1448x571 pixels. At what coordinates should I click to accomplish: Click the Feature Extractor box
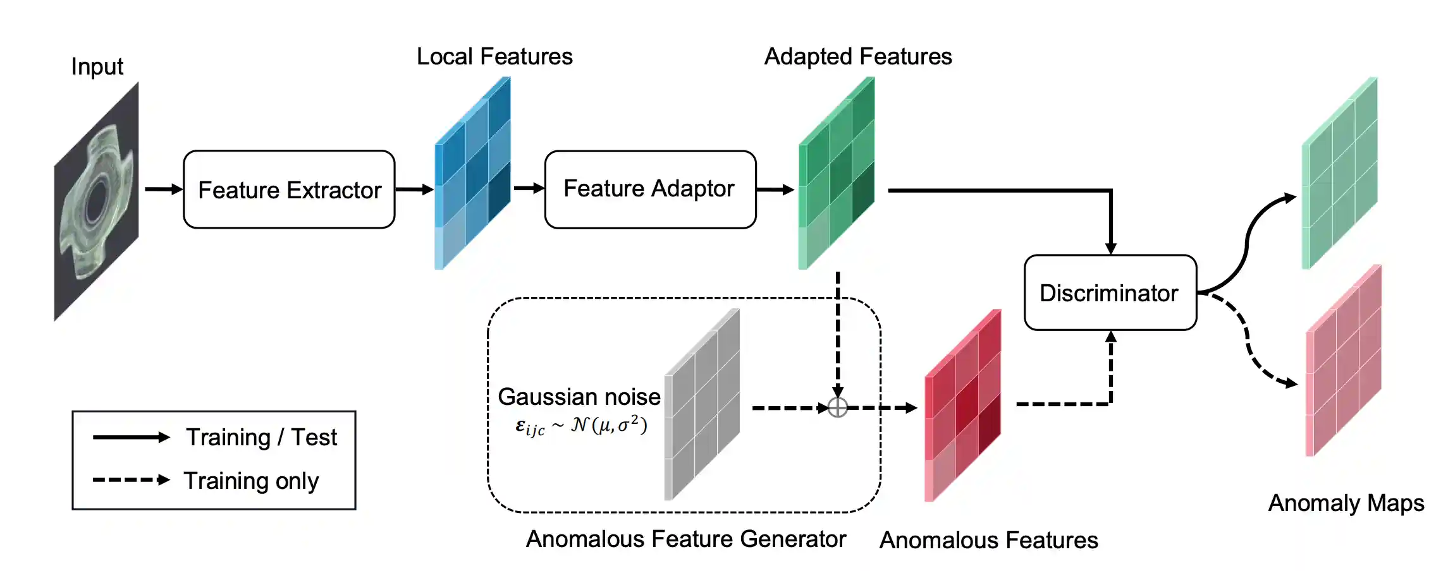(x=289, y=189)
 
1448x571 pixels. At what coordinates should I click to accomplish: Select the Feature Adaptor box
(x=650, y=189)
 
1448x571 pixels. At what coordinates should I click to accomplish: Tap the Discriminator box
(x=1110, y=293)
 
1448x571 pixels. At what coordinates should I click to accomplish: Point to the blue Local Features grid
(x=473, y=174)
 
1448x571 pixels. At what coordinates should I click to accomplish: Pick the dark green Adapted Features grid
(x=837, y=174)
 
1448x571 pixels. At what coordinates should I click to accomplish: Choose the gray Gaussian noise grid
(x=702, y=405)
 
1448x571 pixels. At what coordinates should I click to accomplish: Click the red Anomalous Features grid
(x=962, y=406)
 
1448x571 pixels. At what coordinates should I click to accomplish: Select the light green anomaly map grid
(x=1339, y=174)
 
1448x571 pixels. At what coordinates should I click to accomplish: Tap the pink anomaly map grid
(x=1343, y=361)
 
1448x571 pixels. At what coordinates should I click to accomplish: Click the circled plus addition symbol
(x=837, y=407)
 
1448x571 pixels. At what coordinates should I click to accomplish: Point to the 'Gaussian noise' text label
(x=579, y=397)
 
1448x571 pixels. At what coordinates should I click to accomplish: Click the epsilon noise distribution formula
(x=581, y=426)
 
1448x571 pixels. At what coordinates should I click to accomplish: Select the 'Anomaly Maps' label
(x=1346, y=503)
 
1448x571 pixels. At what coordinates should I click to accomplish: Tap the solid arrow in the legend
(x=131, y=437)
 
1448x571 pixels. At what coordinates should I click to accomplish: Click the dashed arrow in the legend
(x=131, y=480)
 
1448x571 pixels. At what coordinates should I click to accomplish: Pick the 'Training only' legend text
(x=251, y=481)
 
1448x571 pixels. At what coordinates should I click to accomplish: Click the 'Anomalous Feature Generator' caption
(x=685, y=539)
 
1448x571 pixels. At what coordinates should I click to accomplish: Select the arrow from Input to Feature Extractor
(x=163, y=189)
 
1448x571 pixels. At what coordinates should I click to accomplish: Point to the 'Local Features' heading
(x=494, y=57)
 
